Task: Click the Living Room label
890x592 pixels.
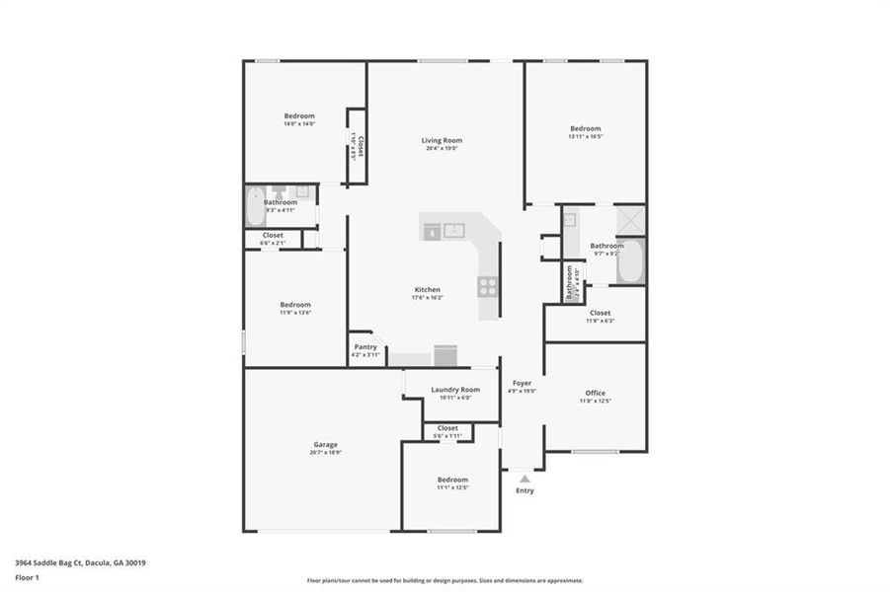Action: (442, 140)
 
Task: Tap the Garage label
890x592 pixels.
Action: (326, 445)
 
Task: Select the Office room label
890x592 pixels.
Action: (595, 393)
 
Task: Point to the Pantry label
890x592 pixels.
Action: (364, 347)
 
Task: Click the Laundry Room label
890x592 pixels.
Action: (455, 390)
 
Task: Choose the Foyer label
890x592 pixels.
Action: (522, 383)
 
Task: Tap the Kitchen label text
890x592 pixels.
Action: (427, 289)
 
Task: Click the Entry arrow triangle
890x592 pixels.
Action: (525, 479)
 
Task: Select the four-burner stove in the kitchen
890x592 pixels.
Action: (488, 286)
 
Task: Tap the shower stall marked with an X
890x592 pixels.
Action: (630, 219)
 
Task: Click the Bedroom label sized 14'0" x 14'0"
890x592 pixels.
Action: (298, 115)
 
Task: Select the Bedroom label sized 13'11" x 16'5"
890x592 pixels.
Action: (585, 128)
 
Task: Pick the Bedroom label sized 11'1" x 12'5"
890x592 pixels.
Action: (452, 480)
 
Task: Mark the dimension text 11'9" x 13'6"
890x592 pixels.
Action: (295, 313)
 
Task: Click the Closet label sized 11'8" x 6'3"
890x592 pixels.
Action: (599, 313)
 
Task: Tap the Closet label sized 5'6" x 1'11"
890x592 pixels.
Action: (447, 428)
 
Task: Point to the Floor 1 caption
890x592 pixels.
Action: (27, 580)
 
